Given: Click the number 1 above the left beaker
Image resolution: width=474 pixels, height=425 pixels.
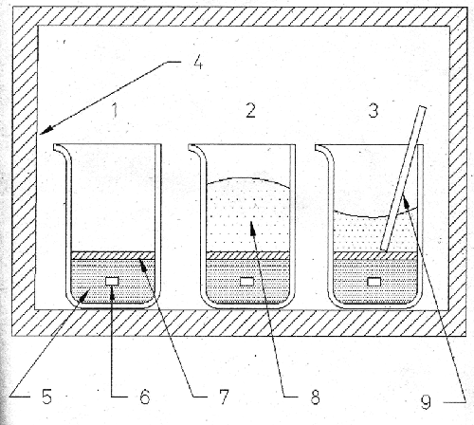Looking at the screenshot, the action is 116,110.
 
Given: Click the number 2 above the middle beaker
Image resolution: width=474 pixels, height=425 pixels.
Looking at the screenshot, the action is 250,111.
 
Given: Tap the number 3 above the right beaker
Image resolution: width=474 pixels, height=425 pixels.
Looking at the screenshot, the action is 374,111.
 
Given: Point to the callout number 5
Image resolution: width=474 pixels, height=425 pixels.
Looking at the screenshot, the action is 46,397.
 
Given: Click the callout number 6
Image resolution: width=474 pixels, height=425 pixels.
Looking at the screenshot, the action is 145,397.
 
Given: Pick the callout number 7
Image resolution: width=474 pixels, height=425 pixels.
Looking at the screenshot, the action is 224,397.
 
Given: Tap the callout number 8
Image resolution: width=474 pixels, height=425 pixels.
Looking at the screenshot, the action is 315,397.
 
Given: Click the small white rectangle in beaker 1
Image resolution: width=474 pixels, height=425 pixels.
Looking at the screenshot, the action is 112,281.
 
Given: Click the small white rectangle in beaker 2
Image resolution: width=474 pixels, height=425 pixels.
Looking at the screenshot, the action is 246,281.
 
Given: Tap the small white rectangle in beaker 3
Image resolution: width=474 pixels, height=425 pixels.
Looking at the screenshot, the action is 374,282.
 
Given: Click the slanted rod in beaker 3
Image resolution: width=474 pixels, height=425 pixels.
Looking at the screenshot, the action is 404,178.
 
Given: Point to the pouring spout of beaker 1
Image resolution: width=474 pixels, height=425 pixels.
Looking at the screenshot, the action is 62,150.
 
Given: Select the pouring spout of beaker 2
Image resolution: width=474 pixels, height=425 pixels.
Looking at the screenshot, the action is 196,150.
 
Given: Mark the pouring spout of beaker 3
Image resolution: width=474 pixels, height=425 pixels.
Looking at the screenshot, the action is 323,151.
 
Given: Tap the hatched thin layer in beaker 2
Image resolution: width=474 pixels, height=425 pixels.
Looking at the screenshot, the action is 247,255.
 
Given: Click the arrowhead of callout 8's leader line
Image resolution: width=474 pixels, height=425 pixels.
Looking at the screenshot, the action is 253,228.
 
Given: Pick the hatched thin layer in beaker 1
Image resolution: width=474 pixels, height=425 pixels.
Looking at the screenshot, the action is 113,255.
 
